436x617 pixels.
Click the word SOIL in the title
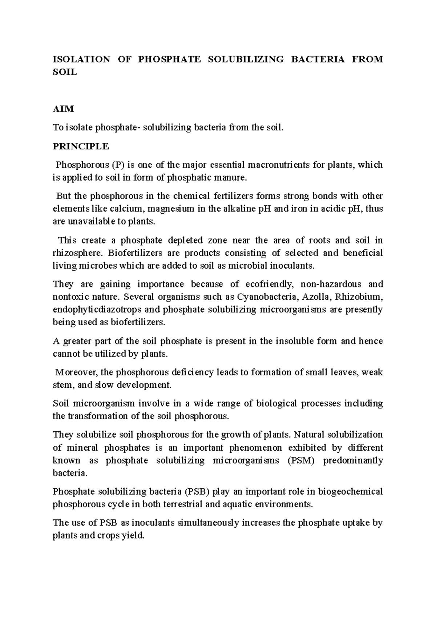(x=65, y=72)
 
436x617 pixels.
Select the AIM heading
(x=63, y=109)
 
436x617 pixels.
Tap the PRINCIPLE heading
(x=81, y=146)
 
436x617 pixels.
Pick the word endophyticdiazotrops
(x=99, y=310)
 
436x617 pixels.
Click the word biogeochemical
(x=350, y=492)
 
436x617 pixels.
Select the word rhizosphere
(x=74, y=253)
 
